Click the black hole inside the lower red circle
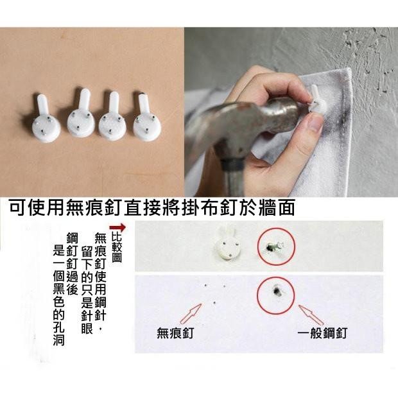[277, 291]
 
